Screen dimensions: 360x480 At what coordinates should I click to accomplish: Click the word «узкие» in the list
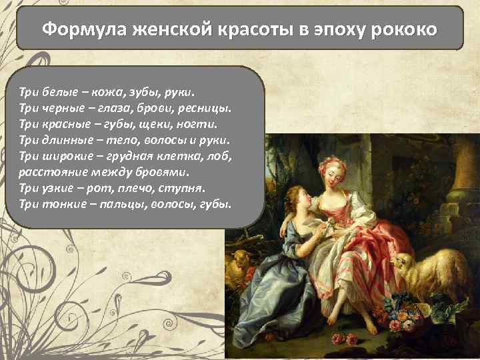coord(57,188)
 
